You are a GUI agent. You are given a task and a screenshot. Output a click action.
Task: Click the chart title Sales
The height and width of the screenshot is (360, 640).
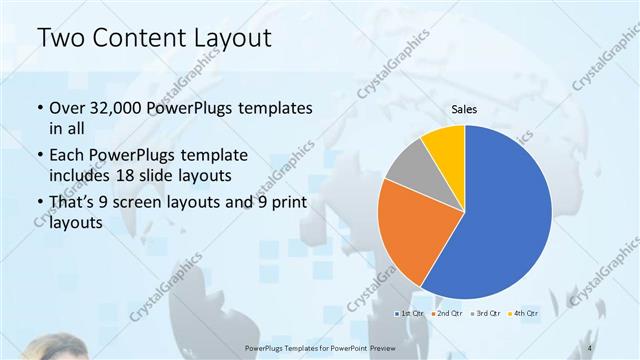coord(464,110)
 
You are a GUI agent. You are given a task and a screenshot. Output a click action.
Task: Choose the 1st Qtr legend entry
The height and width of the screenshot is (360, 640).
coord(408,313)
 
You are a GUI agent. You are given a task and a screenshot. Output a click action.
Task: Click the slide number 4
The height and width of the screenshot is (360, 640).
coord(591,347)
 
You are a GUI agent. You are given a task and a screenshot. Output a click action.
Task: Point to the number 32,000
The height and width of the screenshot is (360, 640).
coord(114,107)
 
